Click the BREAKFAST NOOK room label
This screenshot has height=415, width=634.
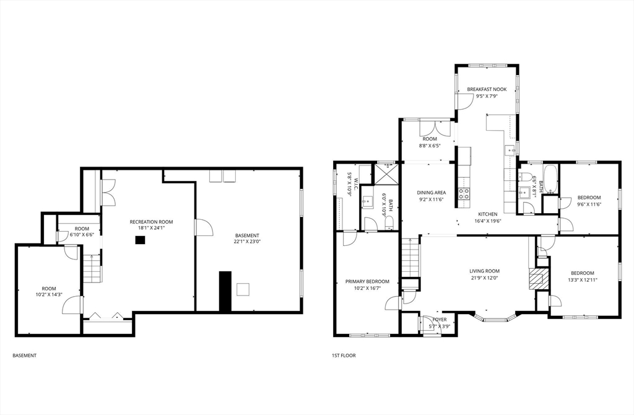tap(487, 89)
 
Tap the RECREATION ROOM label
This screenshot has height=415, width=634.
tap(151, 222)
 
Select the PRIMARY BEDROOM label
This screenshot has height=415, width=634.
tap(367, 281)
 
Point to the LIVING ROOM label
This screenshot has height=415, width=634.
tap(484, 271)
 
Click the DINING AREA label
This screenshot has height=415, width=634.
tap(431, 193)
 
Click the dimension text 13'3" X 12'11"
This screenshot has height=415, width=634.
tap(582, 280)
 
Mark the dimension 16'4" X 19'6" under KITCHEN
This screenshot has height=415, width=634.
tap(488, 221)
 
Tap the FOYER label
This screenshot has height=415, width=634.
tap(440, 320)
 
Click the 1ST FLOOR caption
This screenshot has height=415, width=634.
tap(344, 356)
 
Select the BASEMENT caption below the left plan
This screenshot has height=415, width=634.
tap(24, 356)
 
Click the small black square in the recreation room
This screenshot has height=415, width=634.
tap(141, 240)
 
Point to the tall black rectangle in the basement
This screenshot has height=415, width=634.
tap(225, 291)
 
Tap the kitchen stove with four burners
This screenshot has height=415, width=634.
tap(463, 193)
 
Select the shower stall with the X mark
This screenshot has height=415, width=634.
tap(388, 173)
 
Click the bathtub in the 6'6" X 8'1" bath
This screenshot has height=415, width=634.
tap(550, 179)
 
